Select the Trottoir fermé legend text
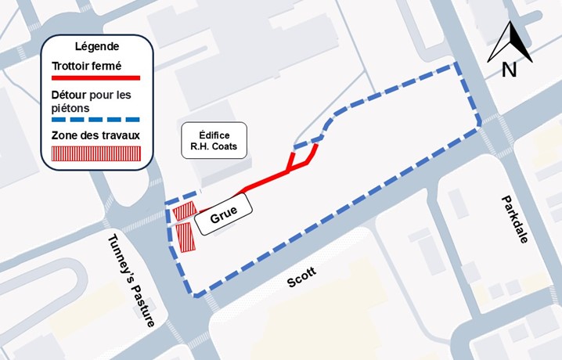tap(85, 67)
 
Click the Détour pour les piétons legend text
tap(91, 101)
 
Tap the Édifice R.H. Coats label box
tap(214, 139)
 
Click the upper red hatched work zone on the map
tap(184, 211)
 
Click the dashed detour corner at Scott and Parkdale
tap(477, 126)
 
